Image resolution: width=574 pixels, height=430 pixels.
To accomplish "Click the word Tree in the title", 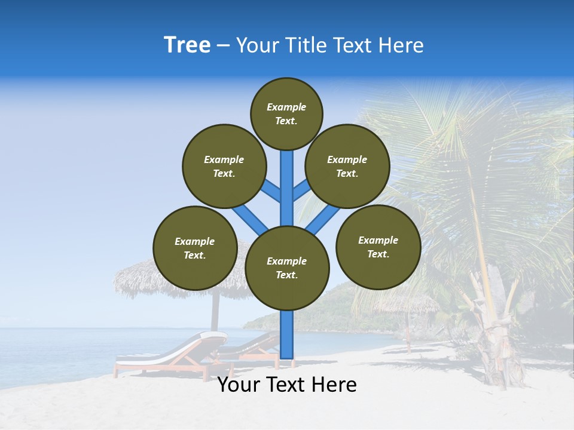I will coord(187,45).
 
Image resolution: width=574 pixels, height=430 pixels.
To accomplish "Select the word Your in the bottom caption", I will coord(237,385).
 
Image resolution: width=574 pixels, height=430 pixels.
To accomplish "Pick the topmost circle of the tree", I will coord(286,113).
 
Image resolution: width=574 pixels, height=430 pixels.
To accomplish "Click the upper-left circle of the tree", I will coord(224,166).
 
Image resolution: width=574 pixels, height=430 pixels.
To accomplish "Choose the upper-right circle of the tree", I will coord(347,166).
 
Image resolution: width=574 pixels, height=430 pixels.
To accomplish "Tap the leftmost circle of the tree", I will coord(195,248).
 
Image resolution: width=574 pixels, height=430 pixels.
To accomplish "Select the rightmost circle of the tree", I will coord(378,247).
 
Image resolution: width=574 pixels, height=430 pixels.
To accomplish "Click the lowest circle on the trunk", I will coord(287,268).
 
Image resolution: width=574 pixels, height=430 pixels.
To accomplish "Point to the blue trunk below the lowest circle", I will coord(287,334).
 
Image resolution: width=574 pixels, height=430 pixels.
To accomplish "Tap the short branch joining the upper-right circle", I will coord(301,192).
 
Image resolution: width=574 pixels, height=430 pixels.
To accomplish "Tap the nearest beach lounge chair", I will coord(167,355).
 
